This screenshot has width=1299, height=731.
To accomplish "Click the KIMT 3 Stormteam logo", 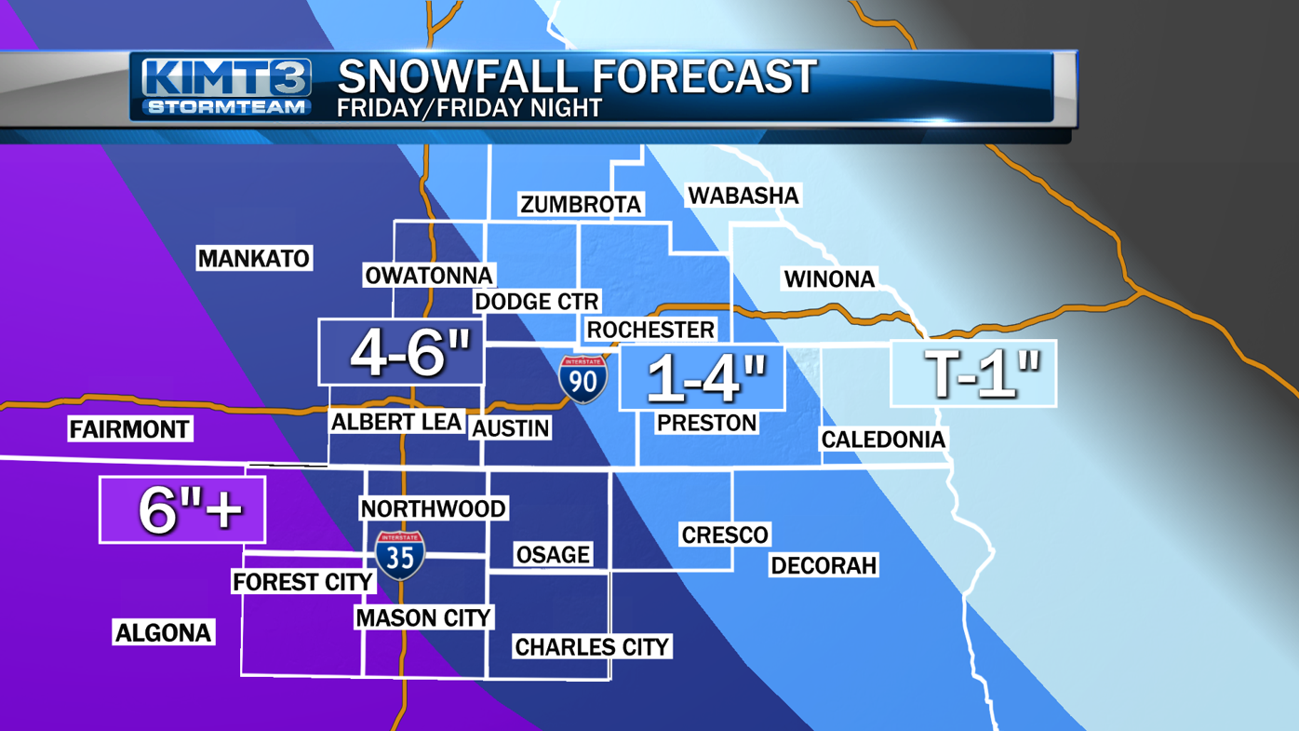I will point(226,87).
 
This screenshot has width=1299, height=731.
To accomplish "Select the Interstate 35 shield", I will point(400,555).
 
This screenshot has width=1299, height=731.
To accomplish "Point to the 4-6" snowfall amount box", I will point(401,352).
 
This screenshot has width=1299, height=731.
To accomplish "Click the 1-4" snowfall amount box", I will point(702,378).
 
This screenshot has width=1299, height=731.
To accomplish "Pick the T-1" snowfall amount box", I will point(973,373).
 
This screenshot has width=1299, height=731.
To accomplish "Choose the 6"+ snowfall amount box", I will point(182,509).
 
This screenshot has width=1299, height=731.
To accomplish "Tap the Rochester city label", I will point(650,330).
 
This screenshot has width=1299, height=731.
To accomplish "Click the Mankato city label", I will point(253,258).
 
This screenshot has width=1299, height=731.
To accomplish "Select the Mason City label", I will point(423,617).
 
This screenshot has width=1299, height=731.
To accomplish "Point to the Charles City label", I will point(592,646).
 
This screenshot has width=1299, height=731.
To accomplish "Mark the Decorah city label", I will point(824,565).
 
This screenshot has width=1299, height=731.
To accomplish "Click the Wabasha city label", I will point(743,196).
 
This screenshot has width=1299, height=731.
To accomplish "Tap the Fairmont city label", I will point(129,429).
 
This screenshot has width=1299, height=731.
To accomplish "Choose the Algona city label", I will point(163,632).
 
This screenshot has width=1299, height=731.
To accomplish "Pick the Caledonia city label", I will point(883,440).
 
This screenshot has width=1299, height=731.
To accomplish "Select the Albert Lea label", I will point(396,422).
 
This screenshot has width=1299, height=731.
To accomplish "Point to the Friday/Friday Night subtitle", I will point(469,108).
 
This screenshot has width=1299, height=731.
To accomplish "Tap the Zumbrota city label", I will point(581,204).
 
